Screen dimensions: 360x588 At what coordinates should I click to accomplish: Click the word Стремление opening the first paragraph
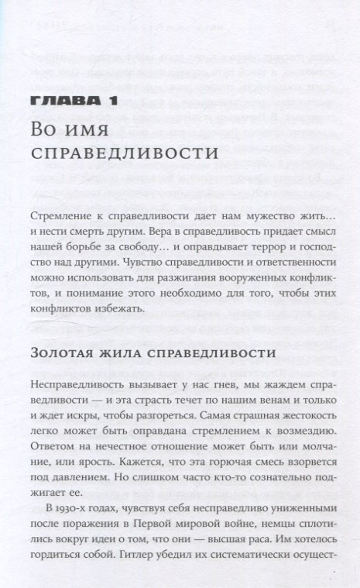click(x=64, y=218)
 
